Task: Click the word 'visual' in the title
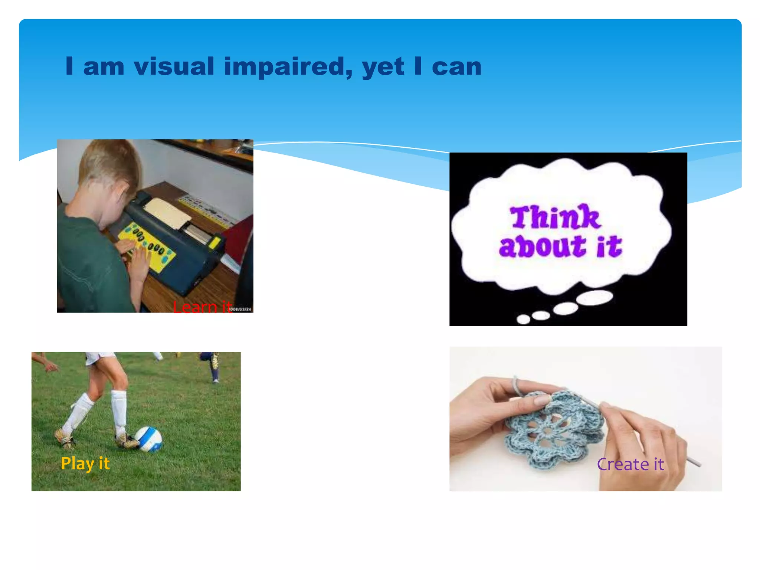tap(174, 67)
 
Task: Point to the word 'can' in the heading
tap(456, 67)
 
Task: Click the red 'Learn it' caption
tap(202, 307)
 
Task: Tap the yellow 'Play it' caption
tap(85, 463)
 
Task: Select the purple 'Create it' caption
tap(630, 464)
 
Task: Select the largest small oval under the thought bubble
tap(595, 298)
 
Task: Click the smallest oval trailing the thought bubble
tap(523, 319)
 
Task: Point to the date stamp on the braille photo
tap(242, 309)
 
